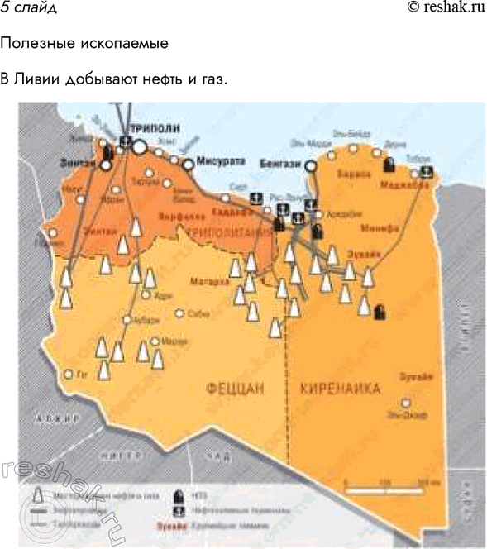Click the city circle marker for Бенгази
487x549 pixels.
click(311, 165)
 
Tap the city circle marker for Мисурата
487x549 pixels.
click(189, 165)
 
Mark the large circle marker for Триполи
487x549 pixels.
click(140, 146)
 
